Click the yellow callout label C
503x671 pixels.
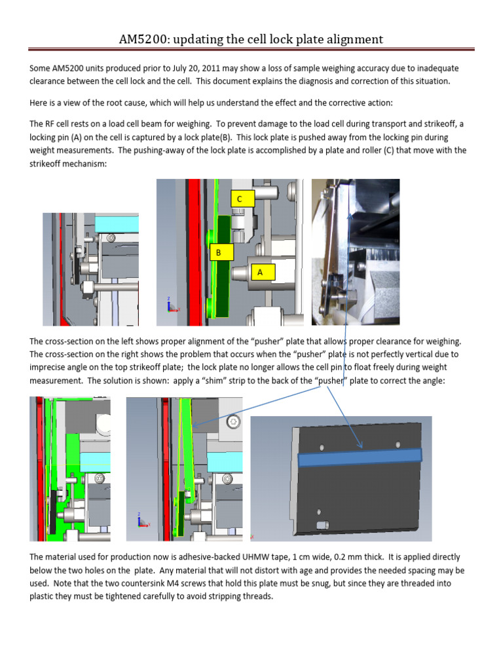point(239,199)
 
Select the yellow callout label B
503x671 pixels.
point(219,252)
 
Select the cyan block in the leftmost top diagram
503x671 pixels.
point(117,223)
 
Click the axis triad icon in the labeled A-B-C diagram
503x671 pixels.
point(170,305)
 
